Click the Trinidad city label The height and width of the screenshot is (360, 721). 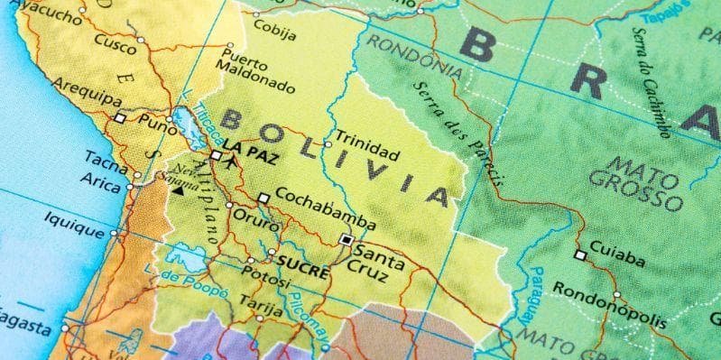point(365,141)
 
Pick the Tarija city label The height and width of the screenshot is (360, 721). point(261,306)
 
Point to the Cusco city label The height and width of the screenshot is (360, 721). point(116,43)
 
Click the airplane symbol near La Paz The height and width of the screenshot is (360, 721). point(233,164)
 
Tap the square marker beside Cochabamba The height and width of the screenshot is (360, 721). point(263,198)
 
